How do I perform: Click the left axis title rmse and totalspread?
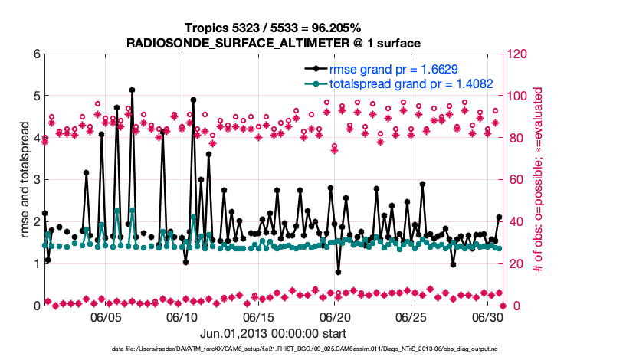tap(23, 179)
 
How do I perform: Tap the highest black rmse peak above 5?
tap(133, 90)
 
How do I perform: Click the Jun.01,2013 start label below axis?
tap(273, 333)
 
